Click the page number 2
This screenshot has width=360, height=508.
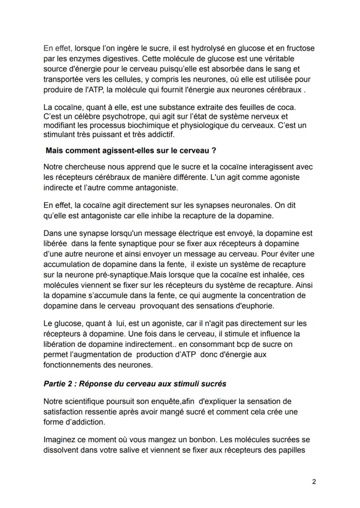pyautogui.click(x=314, y=482)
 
